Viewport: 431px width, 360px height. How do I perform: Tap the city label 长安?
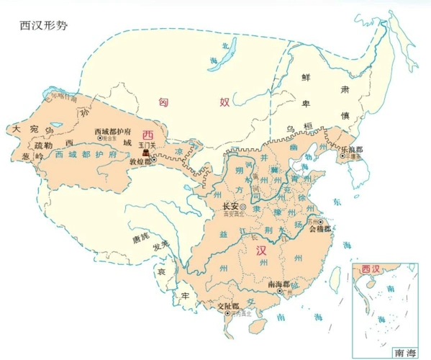tap(228, 207)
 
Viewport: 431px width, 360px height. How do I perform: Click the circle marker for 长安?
tap(243, 207)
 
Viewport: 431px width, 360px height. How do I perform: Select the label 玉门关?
tap(148, 144)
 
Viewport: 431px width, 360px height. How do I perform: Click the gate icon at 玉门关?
tap(146, 153)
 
